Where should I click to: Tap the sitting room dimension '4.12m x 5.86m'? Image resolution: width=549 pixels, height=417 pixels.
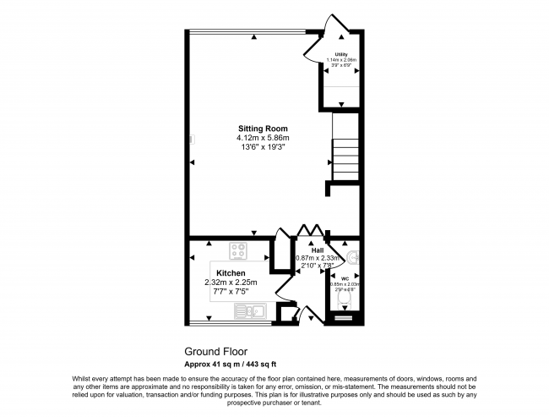[263, 138]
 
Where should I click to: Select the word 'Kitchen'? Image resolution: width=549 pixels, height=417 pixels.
[231, 273]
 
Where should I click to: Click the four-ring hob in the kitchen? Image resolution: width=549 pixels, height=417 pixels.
[237, 251]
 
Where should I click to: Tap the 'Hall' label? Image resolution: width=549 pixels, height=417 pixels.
[317, 250]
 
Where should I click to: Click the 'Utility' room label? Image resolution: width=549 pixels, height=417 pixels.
[341, 53]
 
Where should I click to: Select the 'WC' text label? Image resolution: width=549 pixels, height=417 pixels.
[345, 277]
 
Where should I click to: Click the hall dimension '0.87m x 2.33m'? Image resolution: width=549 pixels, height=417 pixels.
[317, 258]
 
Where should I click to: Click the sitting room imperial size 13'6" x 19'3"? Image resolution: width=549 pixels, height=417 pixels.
[263, 147]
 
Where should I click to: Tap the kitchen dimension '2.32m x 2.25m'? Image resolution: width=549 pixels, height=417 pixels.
[231, 283]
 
